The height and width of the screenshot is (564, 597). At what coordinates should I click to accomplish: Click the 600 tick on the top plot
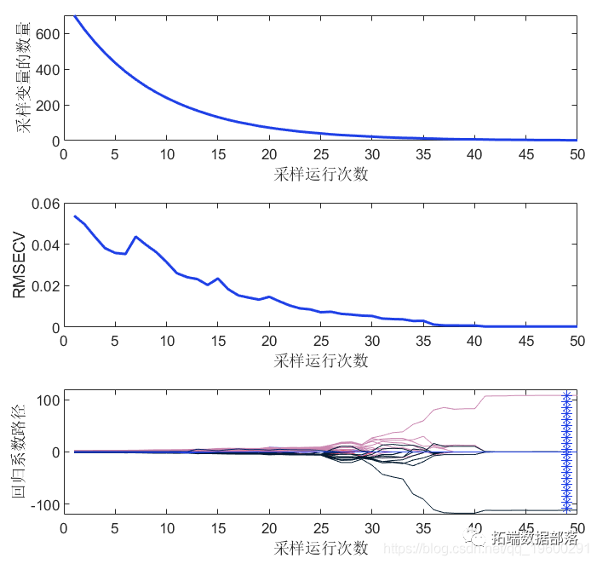[x=45, y=33]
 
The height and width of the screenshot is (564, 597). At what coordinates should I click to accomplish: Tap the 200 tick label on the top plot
[x=45, y=105]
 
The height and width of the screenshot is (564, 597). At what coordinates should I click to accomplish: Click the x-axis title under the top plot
[x=321, y=175]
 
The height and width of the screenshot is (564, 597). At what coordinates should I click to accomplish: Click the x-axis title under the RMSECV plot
[x=321, y=360]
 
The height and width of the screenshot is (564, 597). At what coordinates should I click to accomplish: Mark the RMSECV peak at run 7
[x=135, y=236]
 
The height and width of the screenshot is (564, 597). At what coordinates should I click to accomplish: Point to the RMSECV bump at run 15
[x=218, y=279]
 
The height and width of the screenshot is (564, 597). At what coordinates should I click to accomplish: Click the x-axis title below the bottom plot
[x=321, y=547]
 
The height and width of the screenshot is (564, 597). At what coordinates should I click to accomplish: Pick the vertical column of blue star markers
[x=565, y=452]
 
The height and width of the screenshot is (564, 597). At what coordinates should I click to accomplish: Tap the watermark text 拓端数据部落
[x=534, y=538]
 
